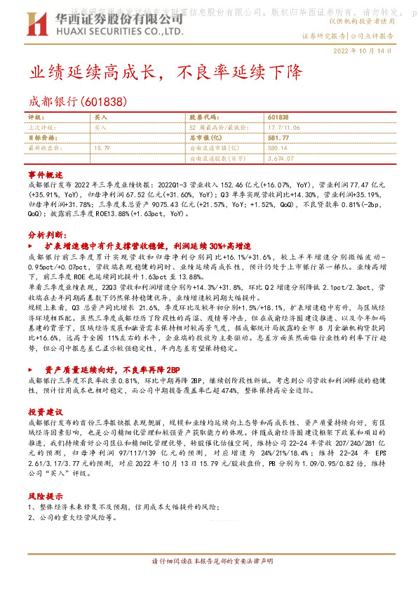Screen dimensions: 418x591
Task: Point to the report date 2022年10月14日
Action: [x=370, y=51]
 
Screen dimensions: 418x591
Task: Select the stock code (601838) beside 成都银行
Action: [x=105, y=102]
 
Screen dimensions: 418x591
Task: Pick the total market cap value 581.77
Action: [x=278, y=138]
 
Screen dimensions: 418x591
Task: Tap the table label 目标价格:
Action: [x=41, y=138]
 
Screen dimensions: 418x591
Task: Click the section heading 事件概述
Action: [x=46, y=173]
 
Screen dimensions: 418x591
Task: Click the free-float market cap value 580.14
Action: [x=277, y=148]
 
